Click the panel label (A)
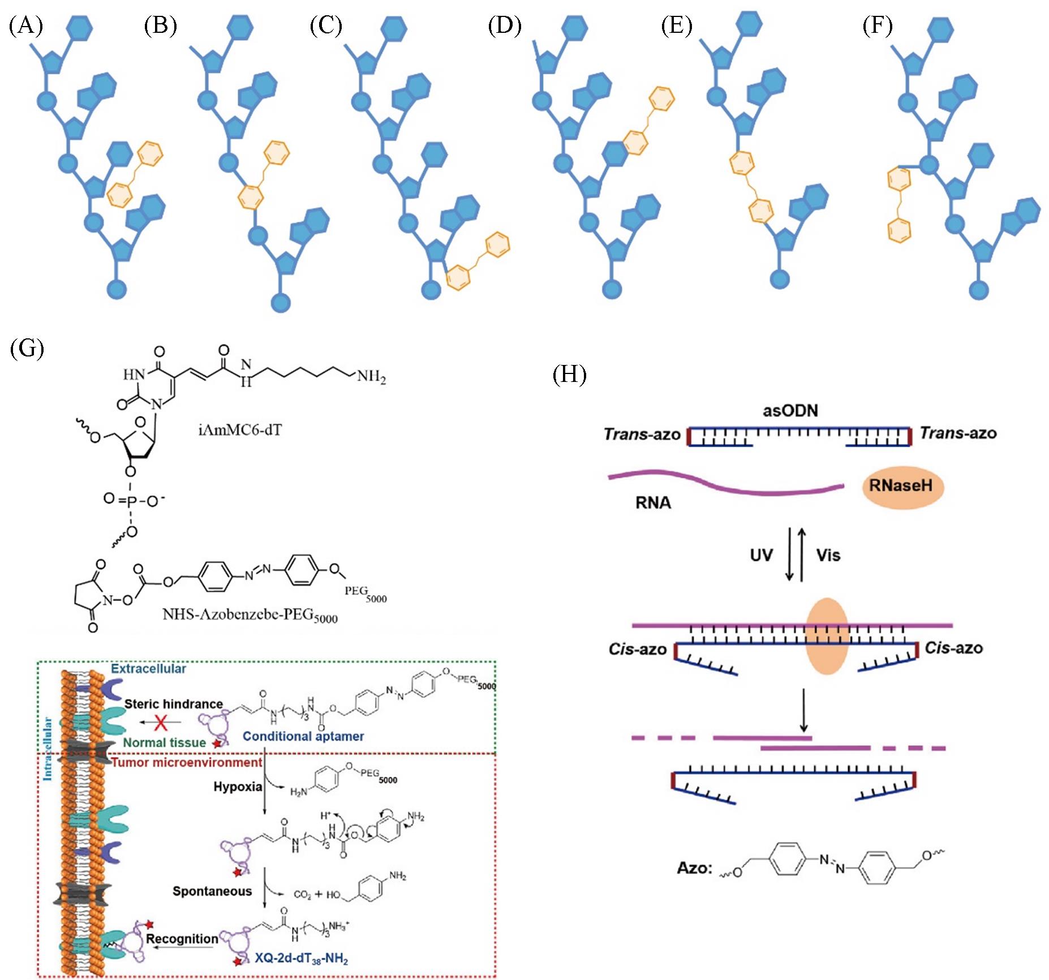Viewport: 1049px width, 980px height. pyautogui.click(x=26, y=26)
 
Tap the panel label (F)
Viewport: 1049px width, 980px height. pyautogui.click(x=878, y=26)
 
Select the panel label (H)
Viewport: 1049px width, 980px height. pyautogui.click(x=569, y=375)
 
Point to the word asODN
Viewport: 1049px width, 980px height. pyautogui.click(x=790, y=410)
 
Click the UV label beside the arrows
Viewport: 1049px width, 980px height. pyautogui.click(x=761, y=555)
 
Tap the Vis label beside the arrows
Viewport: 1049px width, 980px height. pyautogui.click(x=828, y=555)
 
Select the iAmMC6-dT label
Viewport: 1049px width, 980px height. pyautogui.click(x=240, y=430)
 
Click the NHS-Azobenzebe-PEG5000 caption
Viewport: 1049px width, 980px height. pyautogui.click(x=250, y=614)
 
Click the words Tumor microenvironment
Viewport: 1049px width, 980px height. pyautogui.click(x=187, y=762)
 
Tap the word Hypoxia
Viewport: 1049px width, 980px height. pyautogui.click(x=238, y=786)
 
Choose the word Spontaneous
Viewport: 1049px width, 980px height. pyautogui.click(x=212, y=891)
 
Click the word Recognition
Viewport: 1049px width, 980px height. pyautogui.click(x=182, y=939)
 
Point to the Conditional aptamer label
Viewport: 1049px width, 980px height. pyautogui.click(x=303, y=736)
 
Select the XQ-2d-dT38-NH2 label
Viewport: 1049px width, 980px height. pyautogui.click(x=301, y=959)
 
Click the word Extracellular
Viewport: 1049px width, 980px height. pyautogui.click(x=148, y=668)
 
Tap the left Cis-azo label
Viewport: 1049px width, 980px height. pyautogui.click(x=638, y=649)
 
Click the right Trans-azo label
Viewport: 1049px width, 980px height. pyautogui.click(x=958, y=433)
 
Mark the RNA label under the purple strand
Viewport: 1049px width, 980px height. pyautogui.click(x=653, y=502)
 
